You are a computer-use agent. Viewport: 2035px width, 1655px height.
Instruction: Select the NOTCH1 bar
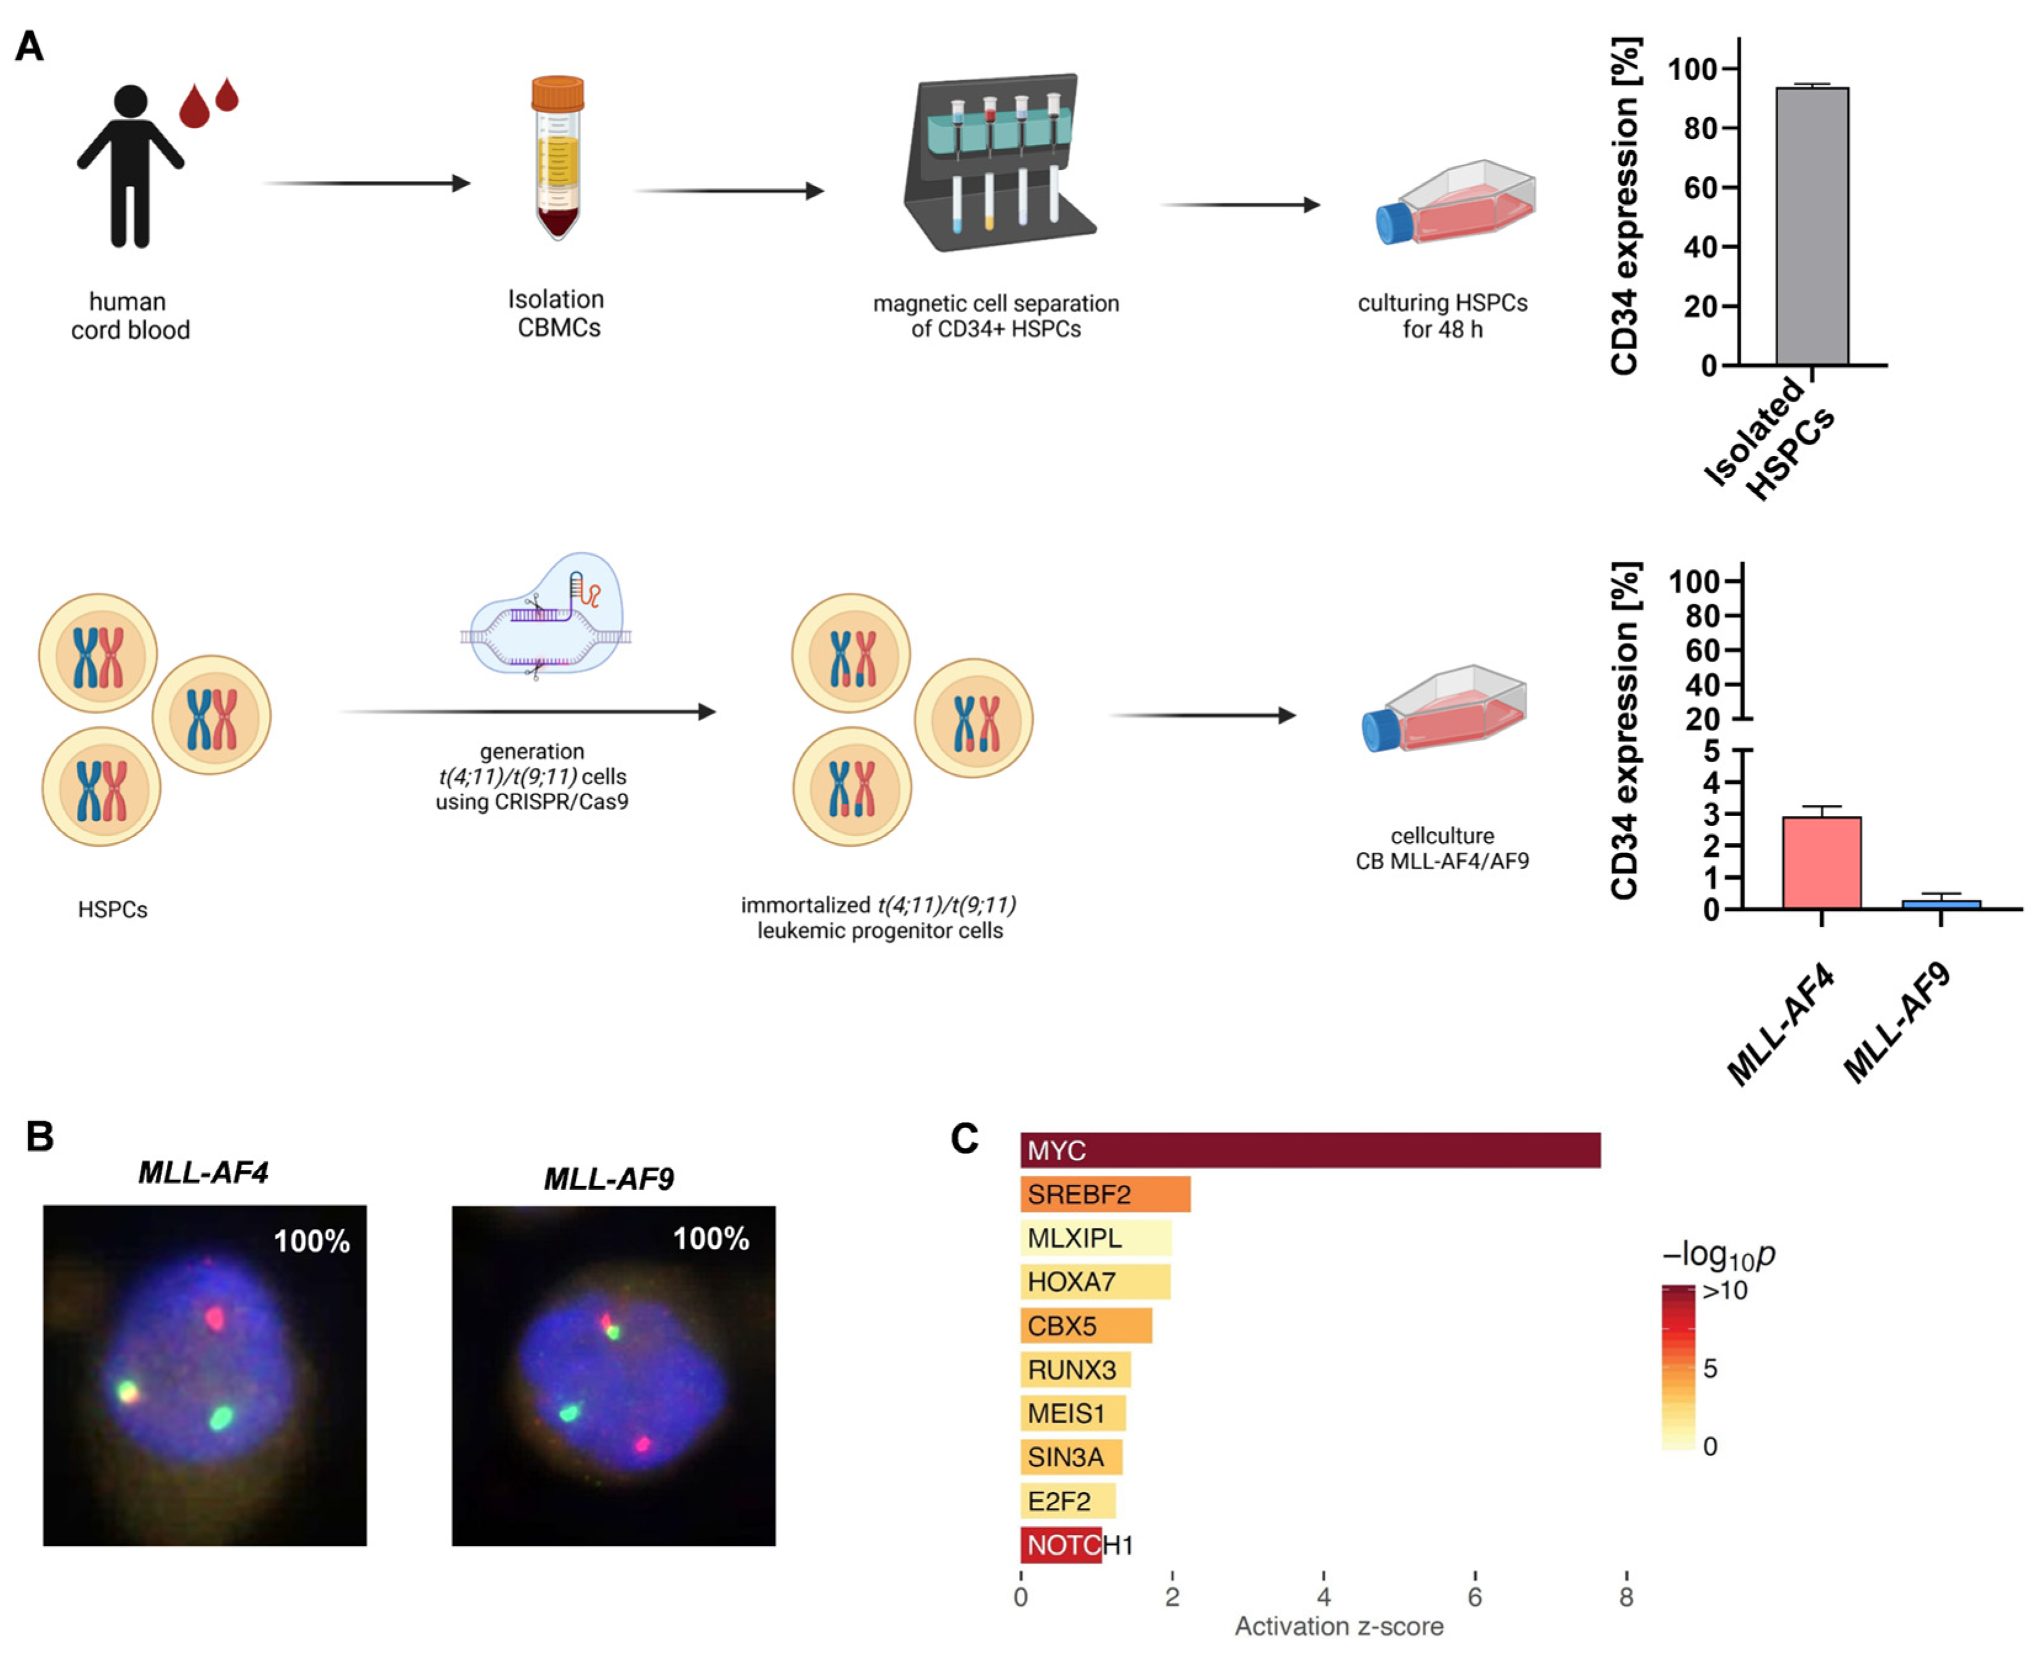tap(1060, 1544)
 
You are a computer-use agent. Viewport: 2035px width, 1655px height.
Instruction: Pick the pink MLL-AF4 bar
tap(1821, 863)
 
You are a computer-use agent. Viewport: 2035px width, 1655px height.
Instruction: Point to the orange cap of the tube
tap(558, 94)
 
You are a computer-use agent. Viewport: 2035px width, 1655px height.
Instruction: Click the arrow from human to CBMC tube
tap(367, 183)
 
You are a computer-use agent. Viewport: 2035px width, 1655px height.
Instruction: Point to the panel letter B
tap(40, 1136)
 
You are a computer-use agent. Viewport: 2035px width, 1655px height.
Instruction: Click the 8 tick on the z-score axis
tap(1626, 1597)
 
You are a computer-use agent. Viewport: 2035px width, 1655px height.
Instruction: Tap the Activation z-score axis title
tap(1338, 1627)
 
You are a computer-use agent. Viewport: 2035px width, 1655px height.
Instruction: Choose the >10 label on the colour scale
tap(1724, 1291)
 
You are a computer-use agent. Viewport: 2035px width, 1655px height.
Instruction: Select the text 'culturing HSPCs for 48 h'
tap(1442, 316)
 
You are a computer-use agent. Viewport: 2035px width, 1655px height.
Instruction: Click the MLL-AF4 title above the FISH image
tap(203, 1172)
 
